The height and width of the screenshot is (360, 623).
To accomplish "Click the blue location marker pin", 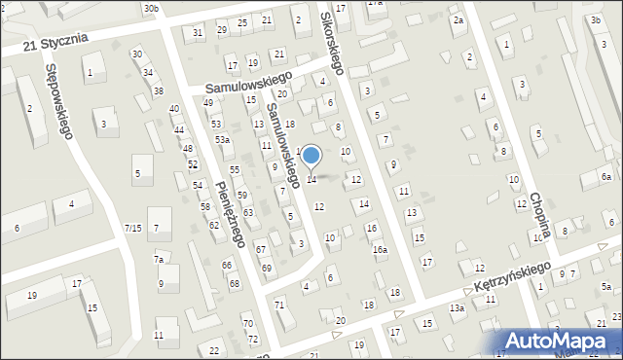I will click(x=311, y=156).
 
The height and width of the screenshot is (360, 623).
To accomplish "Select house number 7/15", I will click(x=133, y=228).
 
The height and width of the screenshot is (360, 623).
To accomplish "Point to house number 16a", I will click(x=380, y=250).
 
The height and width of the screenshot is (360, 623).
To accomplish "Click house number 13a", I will click(x=457, y=307).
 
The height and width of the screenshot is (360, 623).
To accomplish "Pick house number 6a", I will click(x=605, y=176).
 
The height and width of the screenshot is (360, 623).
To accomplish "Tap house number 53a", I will click(x=223, y=140).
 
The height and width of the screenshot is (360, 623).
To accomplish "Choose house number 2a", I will click(x=458, y=20).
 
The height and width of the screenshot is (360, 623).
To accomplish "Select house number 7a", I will click(x=158, y=260).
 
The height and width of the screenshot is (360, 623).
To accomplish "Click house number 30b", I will click(x=150, y=8).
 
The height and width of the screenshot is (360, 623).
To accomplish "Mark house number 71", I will click(x=279, y=306).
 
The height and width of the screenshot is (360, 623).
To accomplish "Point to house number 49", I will click(x=207, y=102).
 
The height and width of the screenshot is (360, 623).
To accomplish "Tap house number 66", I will click(x=226, y=265).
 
